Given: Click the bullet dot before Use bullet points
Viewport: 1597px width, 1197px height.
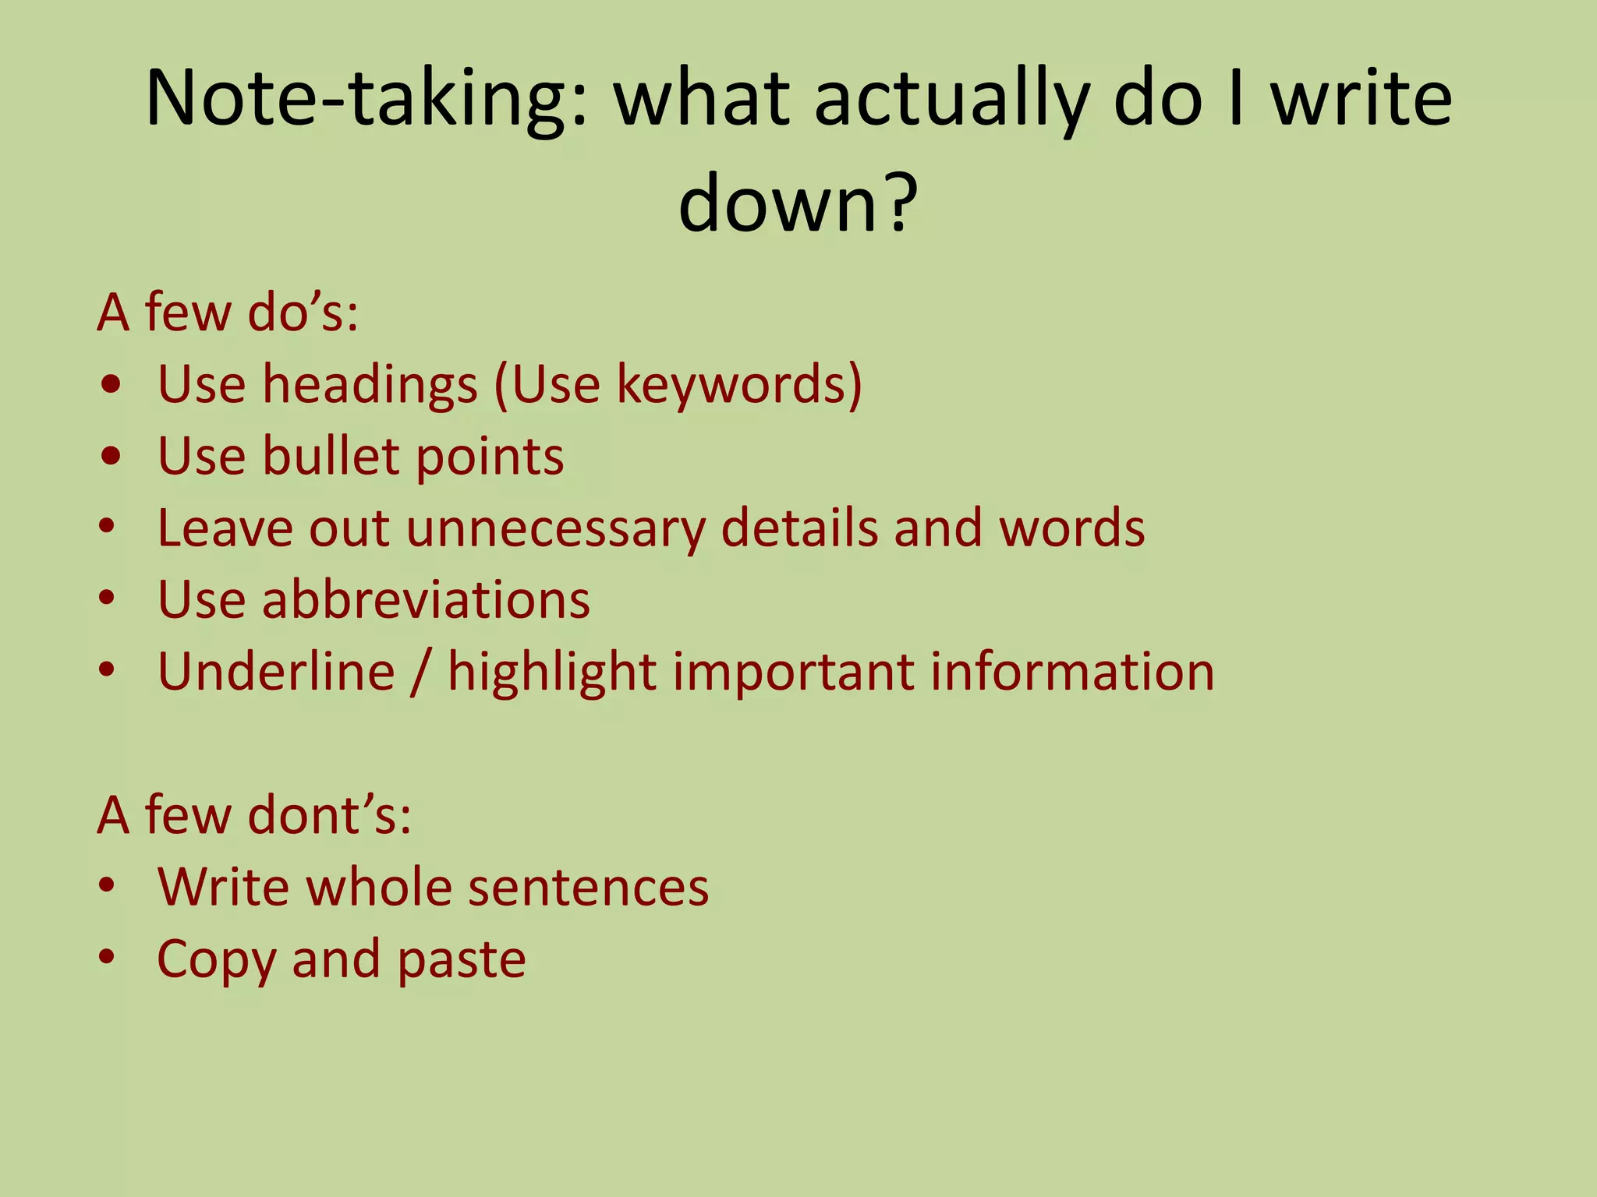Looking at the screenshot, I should tap(111, 457).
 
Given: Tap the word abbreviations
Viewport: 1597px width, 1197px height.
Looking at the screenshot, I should tap(426, 600).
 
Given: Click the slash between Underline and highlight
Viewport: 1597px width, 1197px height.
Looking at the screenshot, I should tap(421, 672).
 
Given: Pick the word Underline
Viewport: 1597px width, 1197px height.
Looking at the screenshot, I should tap(276, 672).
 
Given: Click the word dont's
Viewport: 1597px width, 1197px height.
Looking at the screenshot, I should tap(328, 815).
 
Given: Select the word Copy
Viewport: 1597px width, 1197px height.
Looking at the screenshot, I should tap(216, 959).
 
